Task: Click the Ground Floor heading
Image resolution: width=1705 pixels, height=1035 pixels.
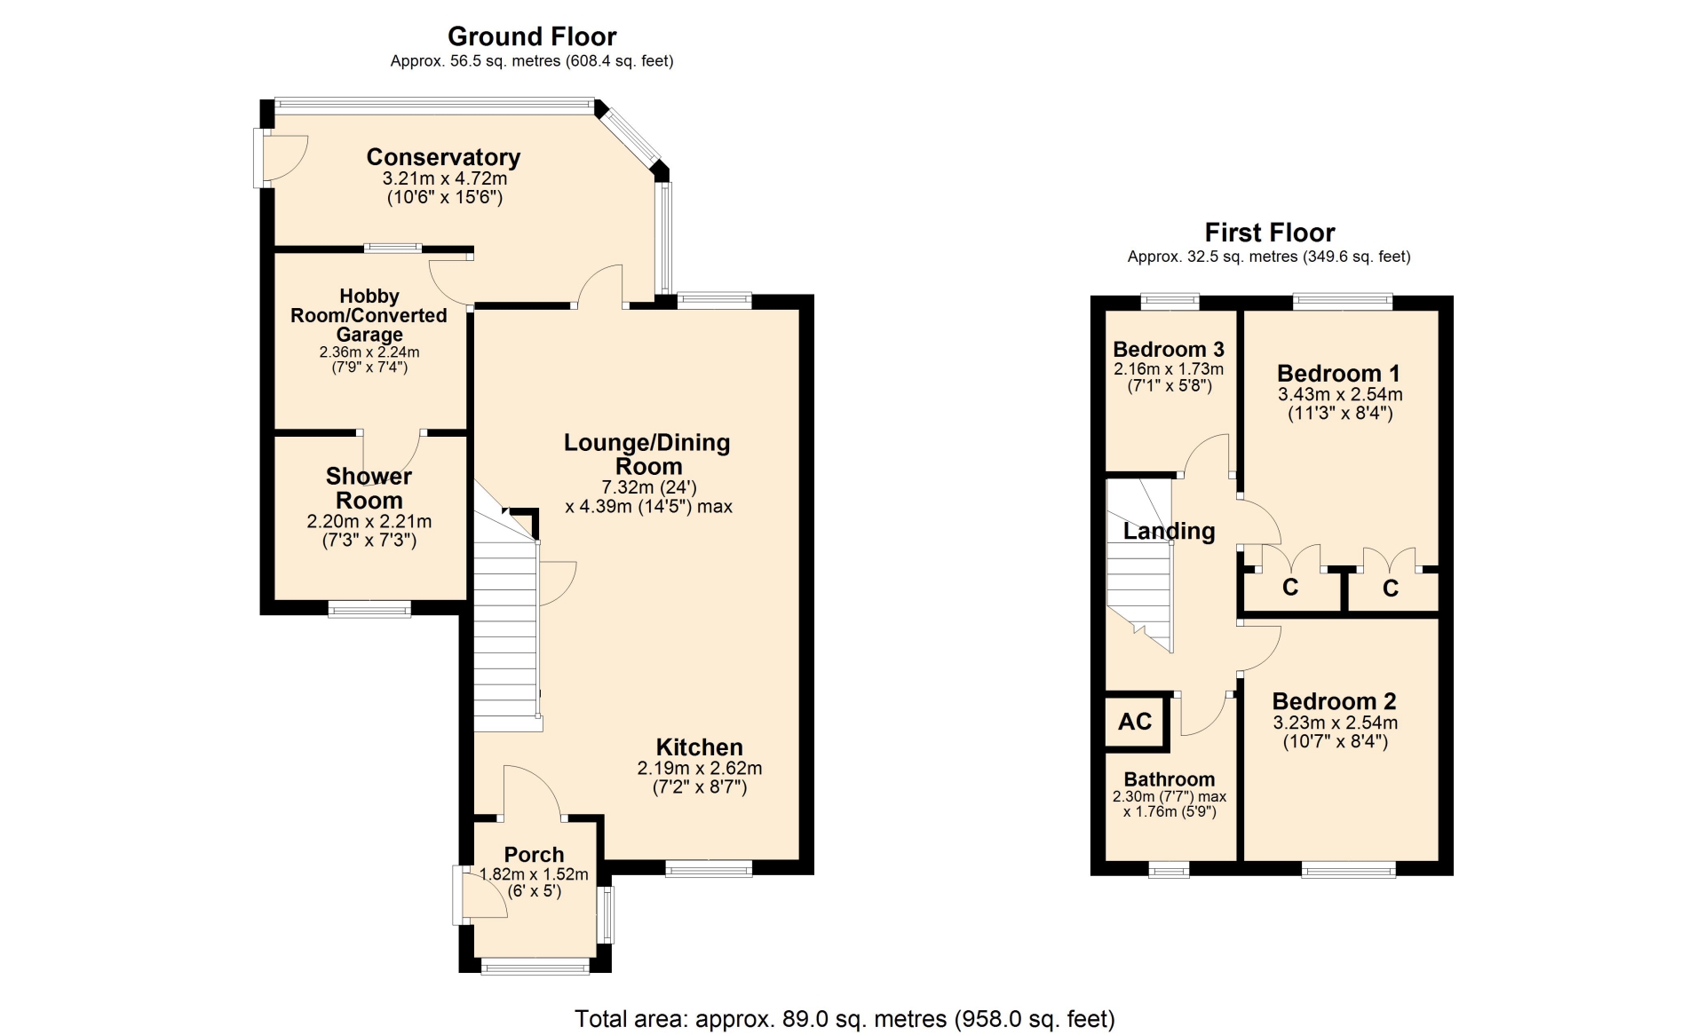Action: pyautogui.click(x=532, y=36)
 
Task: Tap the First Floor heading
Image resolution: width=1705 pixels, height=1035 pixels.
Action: pyautogui.click(x=1270, y=233)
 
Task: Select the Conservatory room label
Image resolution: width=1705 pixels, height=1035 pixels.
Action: pyautogui.click(x=443, y=157)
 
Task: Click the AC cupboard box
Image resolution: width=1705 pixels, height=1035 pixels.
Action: pyautogui.click(x=1136, y=722)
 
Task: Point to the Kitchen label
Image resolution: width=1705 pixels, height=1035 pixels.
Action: pyautogui.click(x=700, y=747)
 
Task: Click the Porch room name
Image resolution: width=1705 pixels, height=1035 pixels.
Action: pyautogui.click(x=534, y=855)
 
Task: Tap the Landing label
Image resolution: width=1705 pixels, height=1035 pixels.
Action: pyautogui.click(x=1169, y=531)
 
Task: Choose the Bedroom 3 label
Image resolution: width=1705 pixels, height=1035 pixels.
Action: pyautogui.click(x=1169, y=349)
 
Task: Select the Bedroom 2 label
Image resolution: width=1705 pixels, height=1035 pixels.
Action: pyautogui.click(x=1334, y=701)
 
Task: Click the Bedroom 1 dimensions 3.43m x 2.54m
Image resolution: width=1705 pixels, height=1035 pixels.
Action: pyautogui.click(x=1340, y=394)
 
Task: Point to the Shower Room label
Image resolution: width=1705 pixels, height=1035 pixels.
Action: pyautogui.click(x=369, y=488)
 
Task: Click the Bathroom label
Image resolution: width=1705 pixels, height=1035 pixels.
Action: pyautogui.click(x=1170, y=779)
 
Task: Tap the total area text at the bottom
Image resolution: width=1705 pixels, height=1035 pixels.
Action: pyautogui.click(x=845, y=1019)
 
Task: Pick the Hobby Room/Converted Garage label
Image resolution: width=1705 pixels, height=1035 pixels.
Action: pyautogui.click(x=369, y=315)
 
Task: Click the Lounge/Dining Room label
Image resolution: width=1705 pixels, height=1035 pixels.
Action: pyautogui.click(x=647, y=454)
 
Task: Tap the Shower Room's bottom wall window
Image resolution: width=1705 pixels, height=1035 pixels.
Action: pyautogui.click(x=369, y=609)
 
